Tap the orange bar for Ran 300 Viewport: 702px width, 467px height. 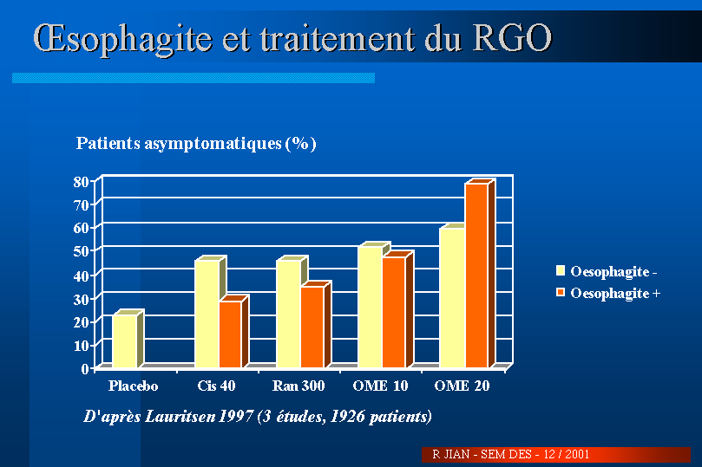[312, 328]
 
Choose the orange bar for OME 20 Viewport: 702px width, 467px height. [476, 275]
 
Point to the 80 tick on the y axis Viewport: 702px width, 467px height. [81, 182]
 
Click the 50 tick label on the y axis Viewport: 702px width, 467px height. [81, 251]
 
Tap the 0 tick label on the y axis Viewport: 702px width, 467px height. [85, 368]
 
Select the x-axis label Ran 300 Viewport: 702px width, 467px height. [298, 386]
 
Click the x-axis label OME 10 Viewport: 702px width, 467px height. [376, 386]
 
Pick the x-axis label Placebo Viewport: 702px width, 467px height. [132, 386]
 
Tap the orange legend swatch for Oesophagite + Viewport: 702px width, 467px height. [560, 293]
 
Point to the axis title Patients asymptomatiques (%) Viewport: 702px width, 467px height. [196, 144]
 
